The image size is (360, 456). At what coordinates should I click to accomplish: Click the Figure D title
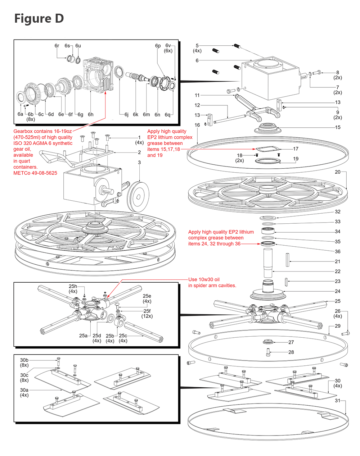coord(39,18)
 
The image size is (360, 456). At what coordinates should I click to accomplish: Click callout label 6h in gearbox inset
coord(91,114)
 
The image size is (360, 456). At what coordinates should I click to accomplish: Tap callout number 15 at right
coord(338,127)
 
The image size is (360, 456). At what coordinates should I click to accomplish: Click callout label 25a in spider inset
coord(83,336)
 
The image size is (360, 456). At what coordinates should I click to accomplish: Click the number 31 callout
coord(338,400)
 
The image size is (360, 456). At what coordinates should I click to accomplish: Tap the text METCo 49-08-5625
coord(35,173)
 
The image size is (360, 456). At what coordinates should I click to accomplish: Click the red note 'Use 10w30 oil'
coord(204,279)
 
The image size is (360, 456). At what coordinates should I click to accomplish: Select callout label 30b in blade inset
coord(24,360)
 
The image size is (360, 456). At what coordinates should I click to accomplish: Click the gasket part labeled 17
coord(267,149)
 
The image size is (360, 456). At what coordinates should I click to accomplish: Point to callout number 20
coord(338,172)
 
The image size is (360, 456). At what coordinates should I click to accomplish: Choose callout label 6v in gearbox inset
coord(168,46)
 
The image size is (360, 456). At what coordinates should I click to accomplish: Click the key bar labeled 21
coord(288,260)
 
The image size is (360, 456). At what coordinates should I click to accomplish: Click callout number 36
coord(338,251)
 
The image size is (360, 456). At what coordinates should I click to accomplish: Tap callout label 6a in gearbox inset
coord(21,114)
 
